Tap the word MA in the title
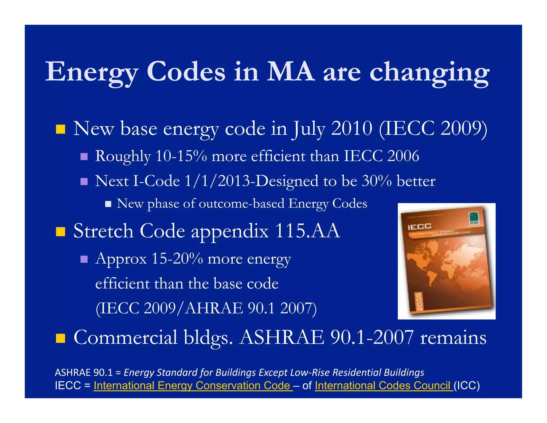[x=291, y=72]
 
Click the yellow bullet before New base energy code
[x=60, y=129]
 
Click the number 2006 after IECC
[x=403, y=156]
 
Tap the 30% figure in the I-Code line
[x=377, y=181]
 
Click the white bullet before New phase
[x=108, y=204]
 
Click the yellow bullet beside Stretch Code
[x=60, y=232]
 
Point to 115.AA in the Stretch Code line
[x=307, y=231]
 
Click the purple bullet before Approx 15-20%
[x=84, y=259]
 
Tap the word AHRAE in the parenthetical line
[x=214, y=308]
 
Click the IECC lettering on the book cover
[x=420, y=227]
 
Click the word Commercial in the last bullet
[x=126, y=337]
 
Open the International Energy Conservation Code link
[x=193, y=386]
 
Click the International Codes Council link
[x=384, y=386]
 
